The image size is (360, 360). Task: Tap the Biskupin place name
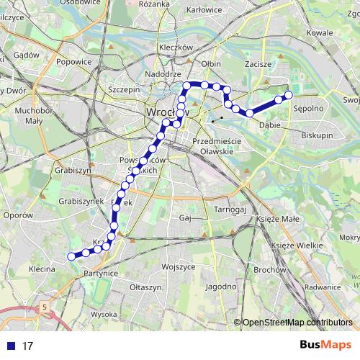(318, 135)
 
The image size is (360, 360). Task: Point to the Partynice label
(100, 274)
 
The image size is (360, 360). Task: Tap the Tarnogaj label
(230, 210)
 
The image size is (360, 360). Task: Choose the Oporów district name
(18, 215)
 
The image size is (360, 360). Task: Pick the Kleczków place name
(176, 48)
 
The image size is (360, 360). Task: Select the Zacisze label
(258, 64)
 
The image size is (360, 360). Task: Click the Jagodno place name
(222, 286)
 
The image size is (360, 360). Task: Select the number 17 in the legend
(27, 346)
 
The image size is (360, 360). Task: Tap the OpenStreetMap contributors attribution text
(297, 322)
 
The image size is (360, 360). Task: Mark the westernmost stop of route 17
(71, 256)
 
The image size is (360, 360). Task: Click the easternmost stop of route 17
(289, 95)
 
